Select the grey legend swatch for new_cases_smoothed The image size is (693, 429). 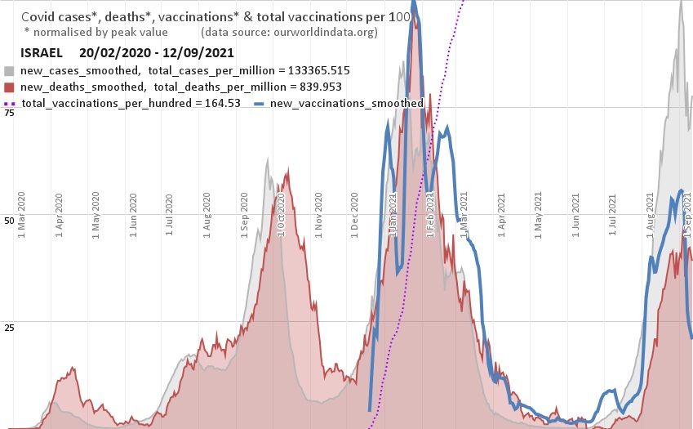9,71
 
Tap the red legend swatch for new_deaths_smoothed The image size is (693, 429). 9,87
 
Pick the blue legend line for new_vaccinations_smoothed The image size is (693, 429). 260,104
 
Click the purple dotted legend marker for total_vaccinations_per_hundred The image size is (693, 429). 10,104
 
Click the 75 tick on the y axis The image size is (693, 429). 9,113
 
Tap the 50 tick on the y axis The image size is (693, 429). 9,221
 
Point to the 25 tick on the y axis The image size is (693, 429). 9,328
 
